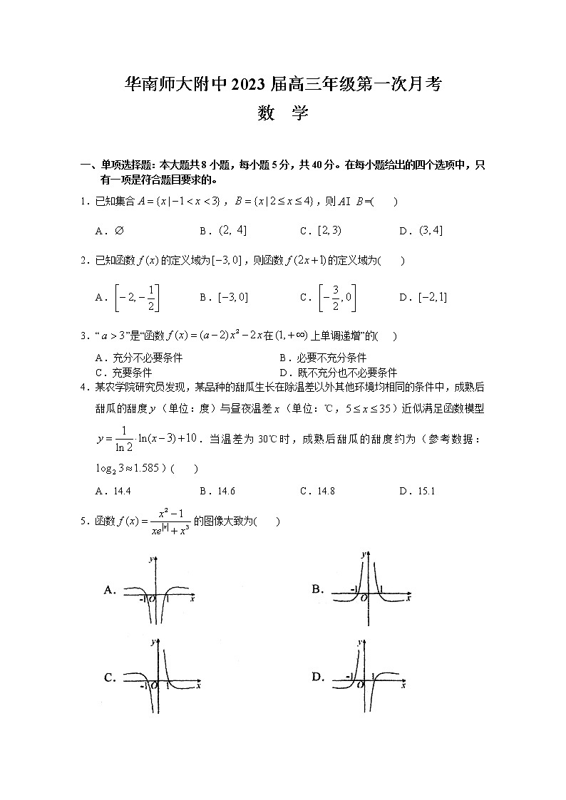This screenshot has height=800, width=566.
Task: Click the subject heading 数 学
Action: click(x=283, y=113)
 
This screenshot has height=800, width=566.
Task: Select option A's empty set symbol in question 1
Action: click(x=118, y=231)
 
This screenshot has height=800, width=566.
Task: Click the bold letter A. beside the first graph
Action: click(x=110, y=590)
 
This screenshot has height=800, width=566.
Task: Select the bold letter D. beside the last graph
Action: click(x=318, y=677)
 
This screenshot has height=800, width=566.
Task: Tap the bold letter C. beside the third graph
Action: click(x=110, y=677)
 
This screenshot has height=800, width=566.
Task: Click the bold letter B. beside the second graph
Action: click(x=318, y=588)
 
